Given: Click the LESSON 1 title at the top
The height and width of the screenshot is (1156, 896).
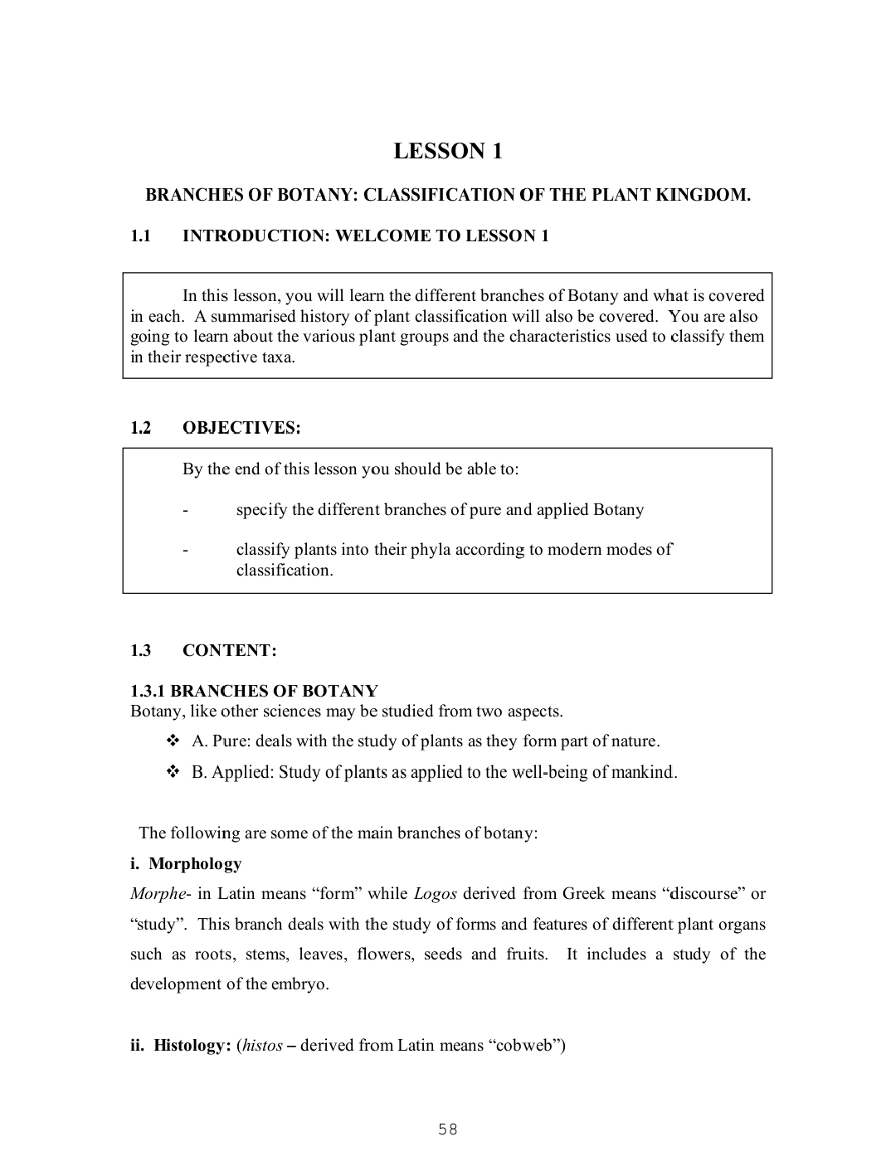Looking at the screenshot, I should [447, 151].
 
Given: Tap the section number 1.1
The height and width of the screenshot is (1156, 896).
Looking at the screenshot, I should [140, 236].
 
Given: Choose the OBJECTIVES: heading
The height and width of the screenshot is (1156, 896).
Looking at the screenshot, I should [241, 428].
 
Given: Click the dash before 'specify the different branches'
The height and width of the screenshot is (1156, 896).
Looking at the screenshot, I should [186, 510].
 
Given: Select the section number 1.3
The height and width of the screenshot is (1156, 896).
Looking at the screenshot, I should [140, 650].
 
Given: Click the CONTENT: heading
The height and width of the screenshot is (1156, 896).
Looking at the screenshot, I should [230, 650].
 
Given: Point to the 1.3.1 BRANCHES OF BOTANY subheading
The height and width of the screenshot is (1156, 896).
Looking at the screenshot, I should [254, 691].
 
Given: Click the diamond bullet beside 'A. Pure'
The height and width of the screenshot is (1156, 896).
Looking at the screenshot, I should [173, 741].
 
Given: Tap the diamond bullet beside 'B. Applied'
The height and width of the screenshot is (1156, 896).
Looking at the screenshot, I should [173, 772].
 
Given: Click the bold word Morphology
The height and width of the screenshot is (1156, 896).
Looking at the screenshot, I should [195, 864].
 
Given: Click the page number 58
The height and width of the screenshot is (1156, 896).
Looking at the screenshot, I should [448, 1129].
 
